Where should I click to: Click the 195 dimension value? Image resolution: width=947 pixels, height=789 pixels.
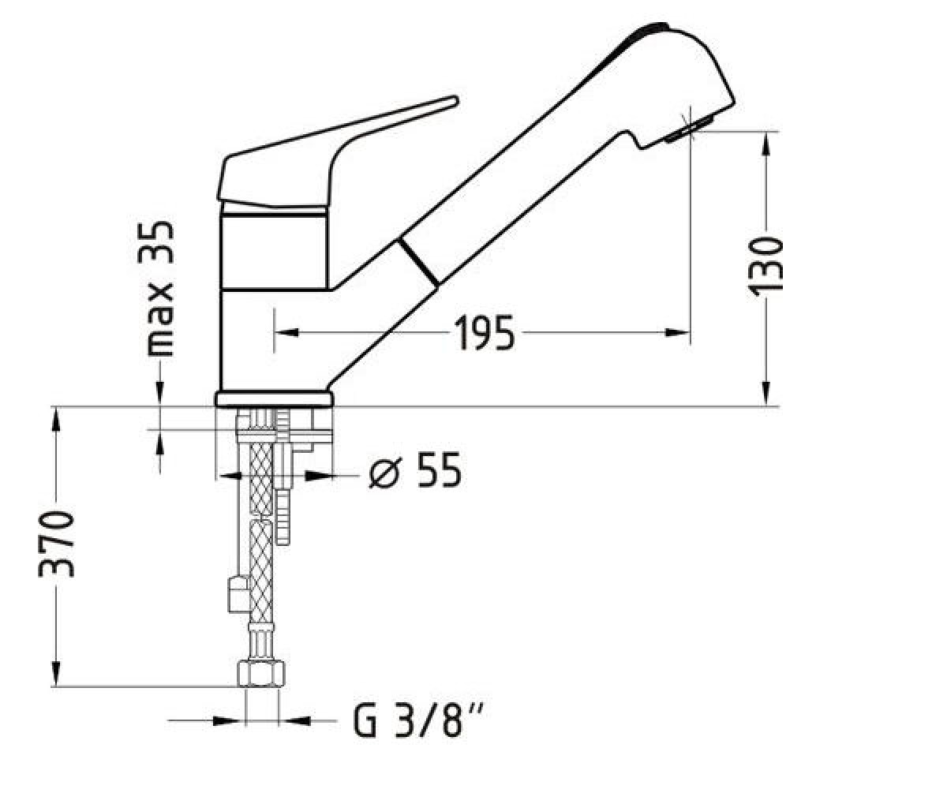point(485,333)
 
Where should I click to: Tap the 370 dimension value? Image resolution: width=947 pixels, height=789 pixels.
point(56,544)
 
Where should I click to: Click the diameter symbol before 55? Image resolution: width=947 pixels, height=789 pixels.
point(386,472)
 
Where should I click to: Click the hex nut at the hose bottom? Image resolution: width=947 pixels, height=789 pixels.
point(261,674)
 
